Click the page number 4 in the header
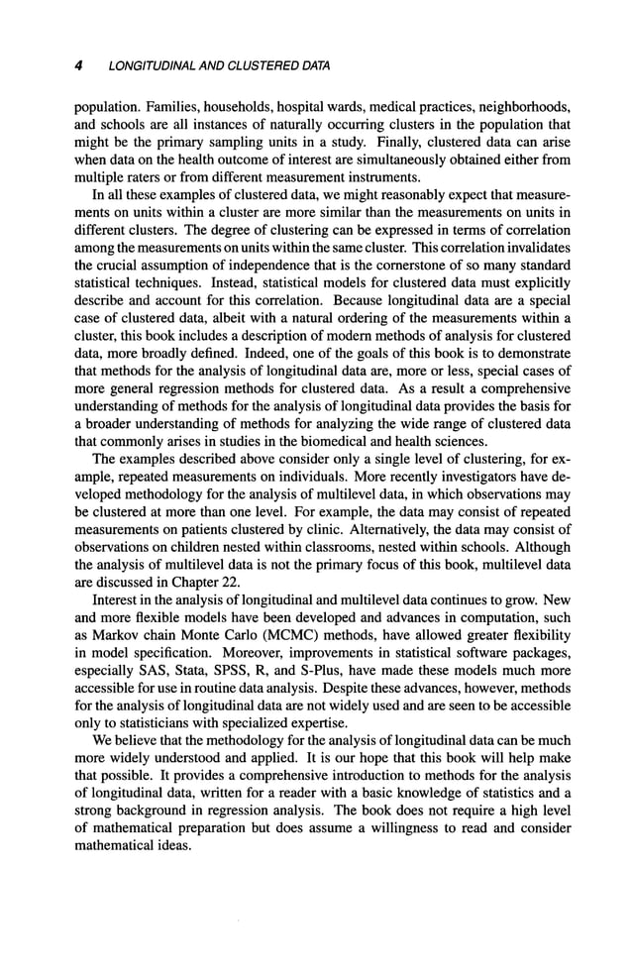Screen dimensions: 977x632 pyautogui.click(x=77, y=66)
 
